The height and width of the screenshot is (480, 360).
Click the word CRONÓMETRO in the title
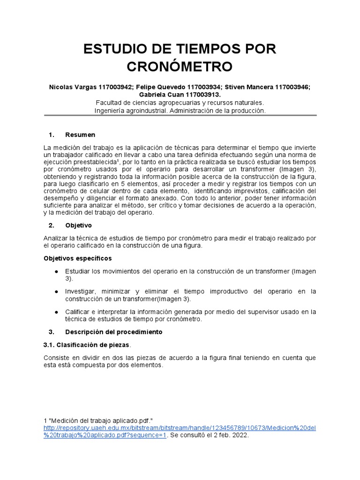pos(180,66)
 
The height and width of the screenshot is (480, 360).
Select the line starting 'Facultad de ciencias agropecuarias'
pos(180,103)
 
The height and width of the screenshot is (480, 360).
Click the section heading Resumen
pos(80,135)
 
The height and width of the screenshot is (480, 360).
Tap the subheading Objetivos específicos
pos(78,258)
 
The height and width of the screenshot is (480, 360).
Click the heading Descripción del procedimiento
pos(114,332)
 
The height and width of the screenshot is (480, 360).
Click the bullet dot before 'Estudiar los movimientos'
pos(56,271)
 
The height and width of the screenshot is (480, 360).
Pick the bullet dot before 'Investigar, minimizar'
pos(56,292)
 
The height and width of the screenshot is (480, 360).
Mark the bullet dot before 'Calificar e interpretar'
pos(56,312)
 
